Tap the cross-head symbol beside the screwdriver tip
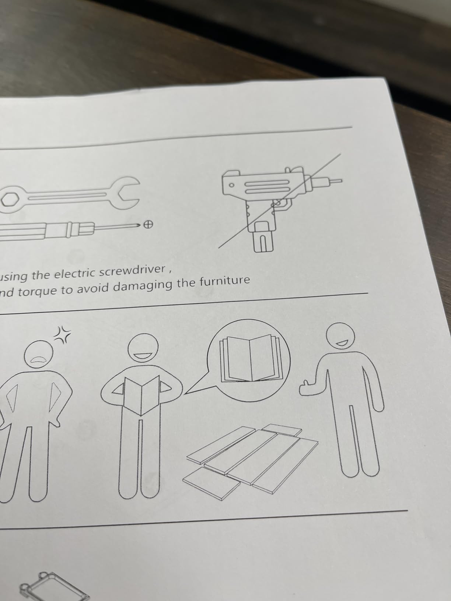(x=148, y=225)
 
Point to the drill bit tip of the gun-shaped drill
(x=336, y=181)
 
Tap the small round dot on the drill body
(x=232, y=185)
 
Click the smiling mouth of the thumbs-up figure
(x=342, y=343)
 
